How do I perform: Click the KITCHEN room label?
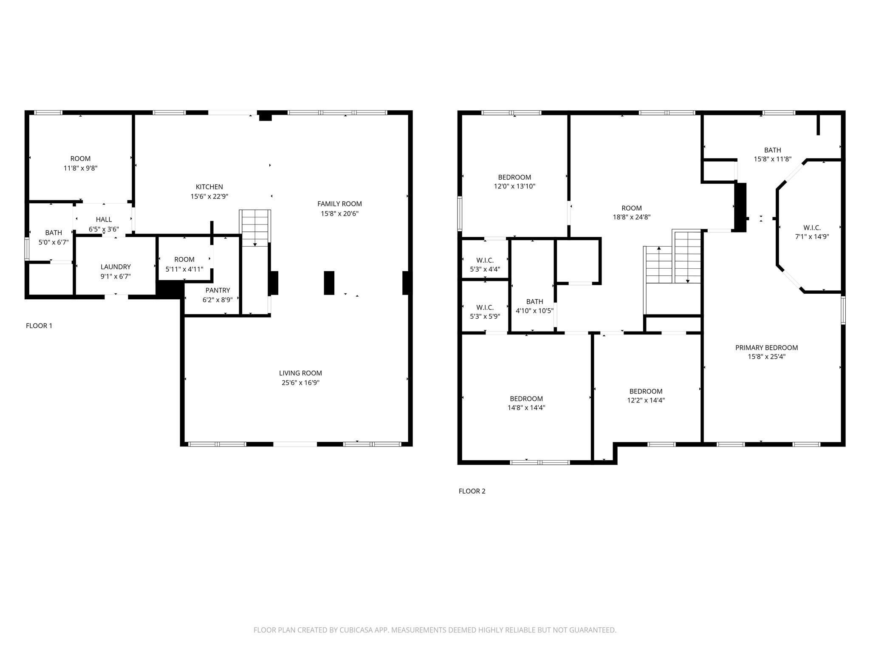tap(209, 187)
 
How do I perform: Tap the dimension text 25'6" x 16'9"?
tap(300, 382)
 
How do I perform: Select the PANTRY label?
tap(217, 290)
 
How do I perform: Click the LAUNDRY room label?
tap(116, 267)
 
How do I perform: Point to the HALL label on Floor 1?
tap(104, 219)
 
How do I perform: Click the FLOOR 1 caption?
tap(39, 326)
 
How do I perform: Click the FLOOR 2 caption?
tap(472, 491)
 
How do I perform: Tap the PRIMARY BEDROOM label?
tap(766, 348)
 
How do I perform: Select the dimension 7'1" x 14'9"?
tap(812, 237)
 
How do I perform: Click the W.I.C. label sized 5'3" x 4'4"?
tap(485, 260)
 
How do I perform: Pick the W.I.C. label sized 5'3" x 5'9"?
tap(485, 307)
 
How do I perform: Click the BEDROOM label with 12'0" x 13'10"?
tap(514, 177)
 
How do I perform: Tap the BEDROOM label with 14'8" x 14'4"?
tap(526, 399)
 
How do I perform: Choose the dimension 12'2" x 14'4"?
tap(646, 400)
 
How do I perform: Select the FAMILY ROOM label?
tap(339, 204)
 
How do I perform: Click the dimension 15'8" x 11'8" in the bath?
tap(772, 159)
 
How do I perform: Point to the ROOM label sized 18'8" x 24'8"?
tap(631, 208)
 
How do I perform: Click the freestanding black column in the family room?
tap(329, 283)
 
